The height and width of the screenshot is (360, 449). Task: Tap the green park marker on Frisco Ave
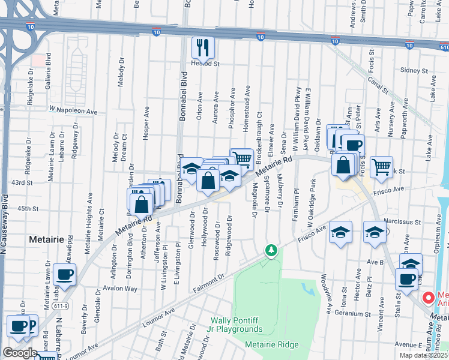tap(271, 250)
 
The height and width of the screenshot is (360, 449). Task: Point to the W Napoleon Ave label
tap(73, 110)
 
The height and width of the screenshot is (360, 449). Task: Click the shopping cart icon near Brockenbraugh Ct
tap(241, 158)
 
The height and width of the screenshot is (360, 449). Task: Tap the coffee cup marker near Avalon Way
tap(64, 275)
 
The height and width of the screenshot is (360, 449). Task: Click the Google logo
tap(20, 353)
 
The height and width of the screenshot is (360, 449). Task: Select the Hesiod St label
tap(206, 63)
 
